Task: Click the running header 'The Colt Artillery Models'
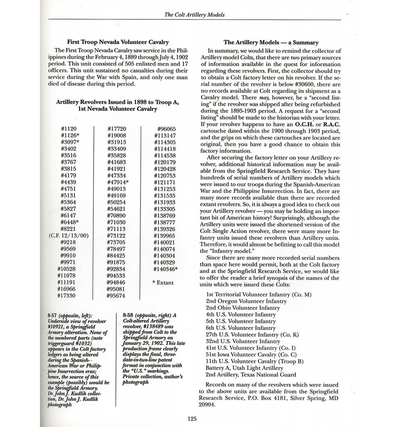point(194,15)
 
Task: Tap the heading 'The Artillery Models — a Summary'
point(271,43)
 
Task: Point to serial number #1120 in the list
point(68,129)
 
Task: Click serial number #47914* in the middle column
point(118,182)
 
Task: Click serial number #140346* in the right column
point(166,269)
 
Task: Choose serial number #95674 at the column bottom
point(116,296)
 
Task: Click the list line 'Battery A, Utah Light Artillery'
point(244,368)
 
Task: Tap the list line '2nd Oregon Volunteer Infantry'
point(246,301)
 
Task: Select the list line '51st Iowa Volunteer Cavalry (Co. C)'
point(251,354)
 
